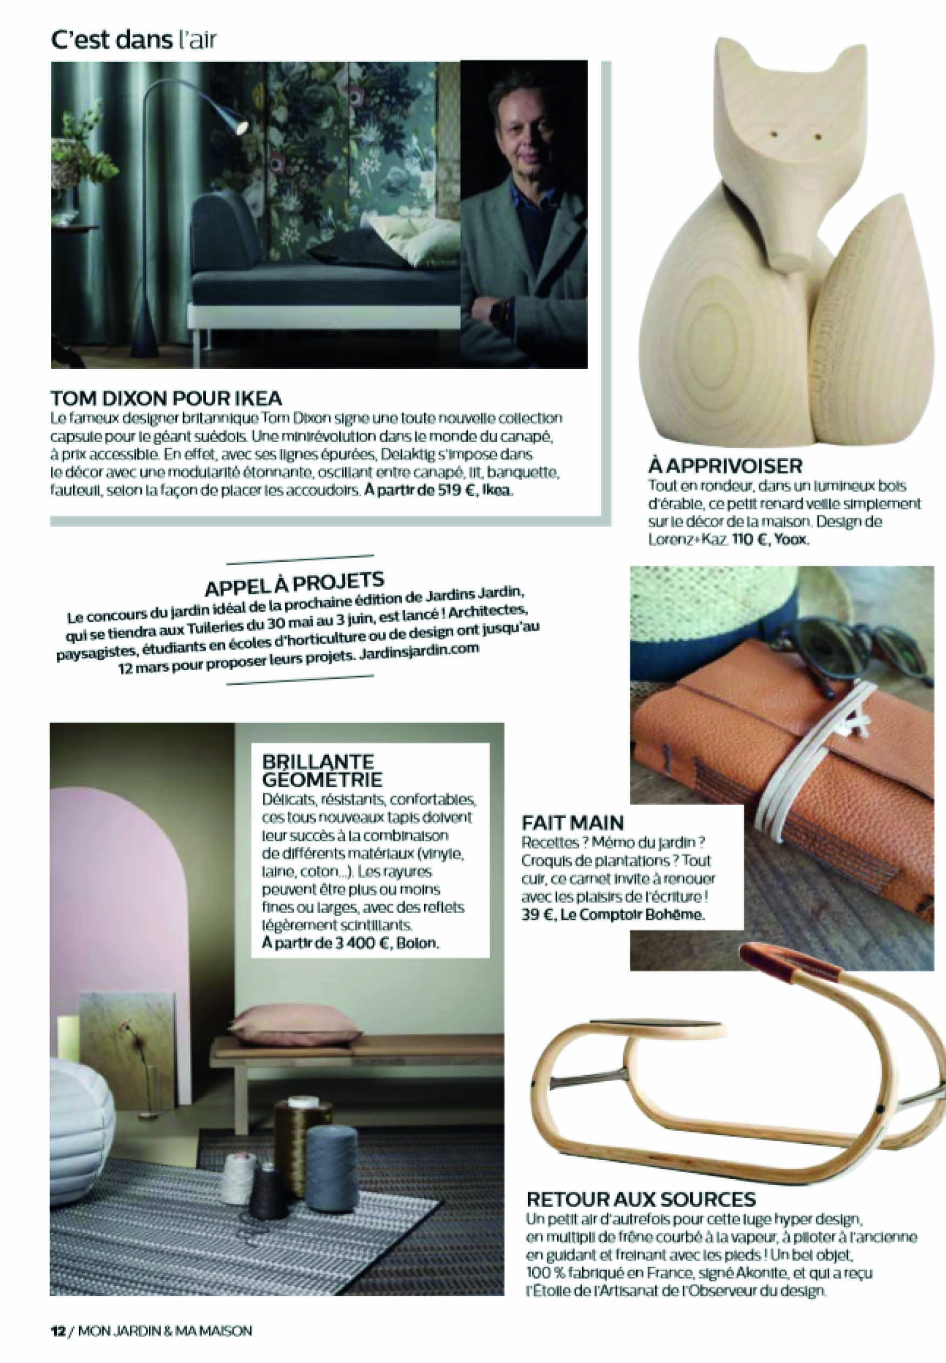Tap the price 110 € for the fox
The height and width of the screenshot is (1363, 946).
click(x=750, y=541)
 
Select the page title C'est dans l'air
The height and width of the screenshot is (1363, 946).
click(x=135, y=41)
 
